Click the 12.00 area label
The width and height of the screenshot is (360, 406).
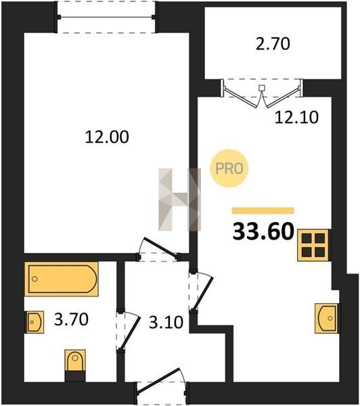107,137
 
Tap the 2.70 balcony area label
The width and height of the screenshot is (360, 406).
273,44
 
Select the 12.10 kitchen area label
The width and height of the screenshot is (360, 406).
296,117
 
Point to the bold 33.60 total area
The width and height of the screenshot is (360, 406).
263,231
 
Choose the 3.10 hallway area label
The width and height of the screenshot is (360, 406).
166,322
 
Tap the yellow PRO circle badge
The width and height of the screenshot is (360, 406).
229,168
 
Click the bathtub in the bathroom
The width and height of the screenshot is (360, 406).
62,279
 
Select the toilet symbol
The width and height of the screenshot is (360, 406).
75,365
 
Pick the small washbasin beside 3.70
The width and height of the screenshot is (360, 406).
35,322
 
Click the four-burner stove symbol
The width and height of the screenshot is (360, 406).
313,245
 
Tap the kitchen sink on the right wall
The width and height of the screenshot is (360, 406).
328,318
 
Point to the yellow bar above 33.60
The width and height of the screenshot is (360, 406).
263,210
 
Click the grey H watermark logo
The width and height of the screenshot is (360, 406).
180,200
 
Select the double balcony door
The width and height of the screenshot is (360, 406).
262,93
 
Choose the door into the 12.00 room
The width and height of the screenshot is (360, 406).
158,249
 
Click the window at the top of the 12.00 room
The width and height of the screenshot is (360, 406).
106,17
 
